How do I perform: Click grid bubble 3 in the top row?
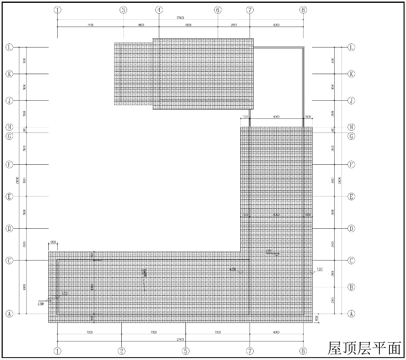[123, 10]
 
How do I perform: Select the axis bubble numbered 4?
[159, 10]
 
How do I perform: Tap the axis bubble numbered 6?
[218, 10]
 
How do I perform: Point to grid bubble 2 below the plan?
[122, 351]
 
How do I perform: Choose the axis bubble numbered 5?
[185, 351]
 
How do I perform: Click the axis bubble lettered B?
[351, 287]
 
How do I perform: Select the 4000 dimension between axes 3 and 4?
[141, 25]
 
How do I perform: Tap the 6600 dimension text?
[188, 25]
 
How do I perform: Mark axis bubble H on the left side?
[9, 127]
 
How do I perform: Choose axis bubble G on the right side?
[351, 136]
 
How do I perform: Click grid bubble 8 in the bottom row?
[303, 351]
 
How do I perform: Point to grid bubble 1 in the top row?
[58, 10]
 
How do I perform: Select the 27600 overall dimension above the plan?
[180, 18]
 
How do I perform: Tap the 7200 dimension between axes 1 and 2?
[89, 333]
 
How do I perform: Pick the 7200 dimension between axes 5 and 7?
[217, 333]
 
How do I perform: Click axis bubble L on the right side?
[351, 47]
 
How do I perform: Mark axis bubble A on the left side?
[9, 313]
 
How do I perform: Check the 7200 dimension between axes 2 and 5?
[153, 333]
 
